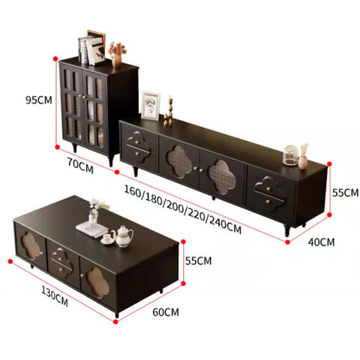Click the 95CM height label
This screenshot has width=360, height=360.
coord(39,100)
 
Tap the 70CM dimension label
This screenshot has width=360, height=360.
coord(80,166)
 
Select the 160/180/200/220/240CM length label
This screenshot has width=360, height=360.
coord(183,209)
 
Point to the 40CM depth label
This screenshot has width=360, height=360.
coord(321,242)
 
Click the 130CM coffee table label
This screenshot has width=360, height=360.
coord(55,296)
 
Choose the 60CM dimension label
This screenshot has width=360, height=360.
coord(166,312)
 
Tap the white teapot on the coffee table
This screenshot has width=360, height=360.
coord(122,236)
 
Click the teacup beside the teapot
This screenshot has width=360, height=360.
coord(107,239)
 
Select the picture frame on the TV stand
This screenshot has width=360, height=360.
coord(151,106)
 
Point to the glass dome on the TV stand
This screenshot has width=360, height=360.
coord(290,155)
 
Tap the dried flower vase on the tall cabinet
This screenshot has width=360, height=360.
coord(117,55)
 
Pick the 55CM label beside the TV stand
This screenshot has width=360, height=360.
coord(345,193)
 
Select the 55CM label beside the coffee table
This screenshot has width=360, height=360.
coord(198,261)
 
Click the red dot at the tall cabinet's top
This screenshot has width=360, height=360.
coord(55,58)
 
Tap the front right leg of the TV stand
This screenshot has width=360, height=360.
coord(286,230)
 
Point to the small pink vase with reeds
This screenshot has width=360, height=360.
coord(303,157)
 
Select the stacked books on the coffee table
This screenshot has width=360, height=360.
coord(92,229)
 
